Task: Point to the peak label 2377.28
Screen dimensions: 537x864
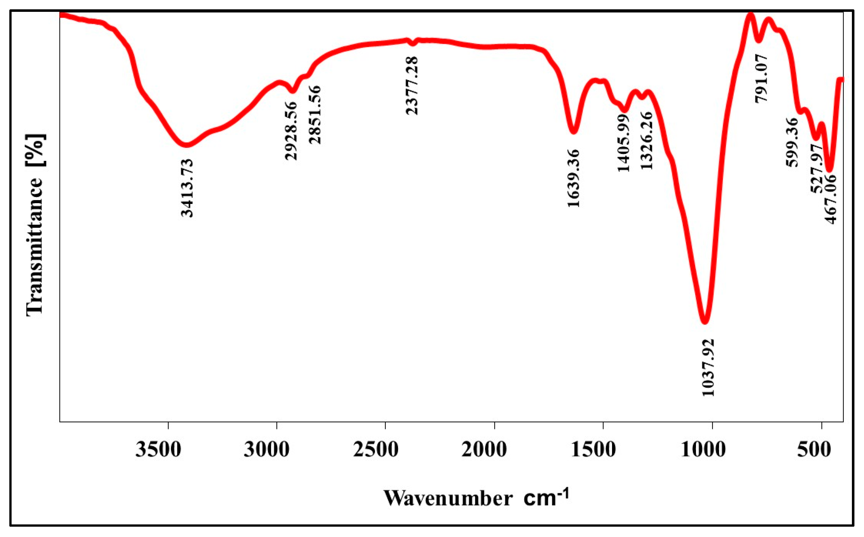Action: pyautogui.click(x=412, y=86)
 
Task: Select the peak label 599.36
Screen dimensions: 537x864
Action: pyautogui.click(x=792, y=142)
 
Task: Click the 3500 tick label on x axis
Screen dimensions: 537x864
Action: pyautogui.click(x=158, y=450)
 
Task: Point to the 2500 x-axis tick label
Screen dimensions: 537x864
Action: pyautogui.click(x=376, y=450)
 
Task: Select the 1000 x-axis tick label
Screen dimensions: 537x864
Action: pyautogui.click(x=703, y=450)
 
